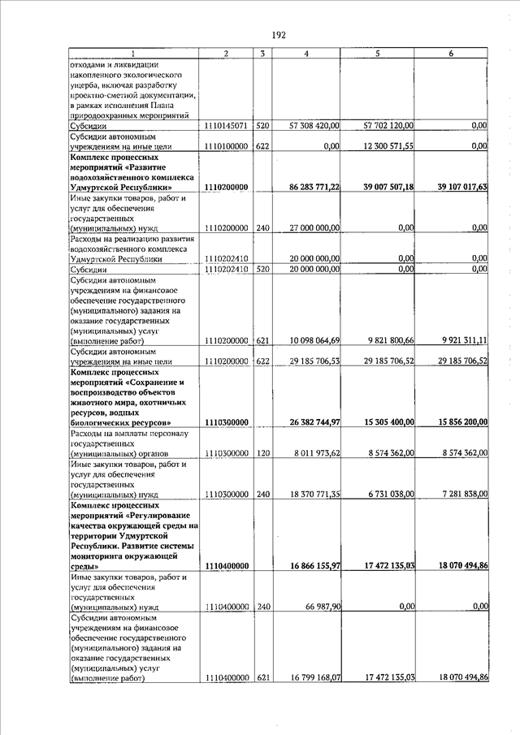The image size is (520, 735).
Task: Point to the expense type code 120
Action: [262, 452]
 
